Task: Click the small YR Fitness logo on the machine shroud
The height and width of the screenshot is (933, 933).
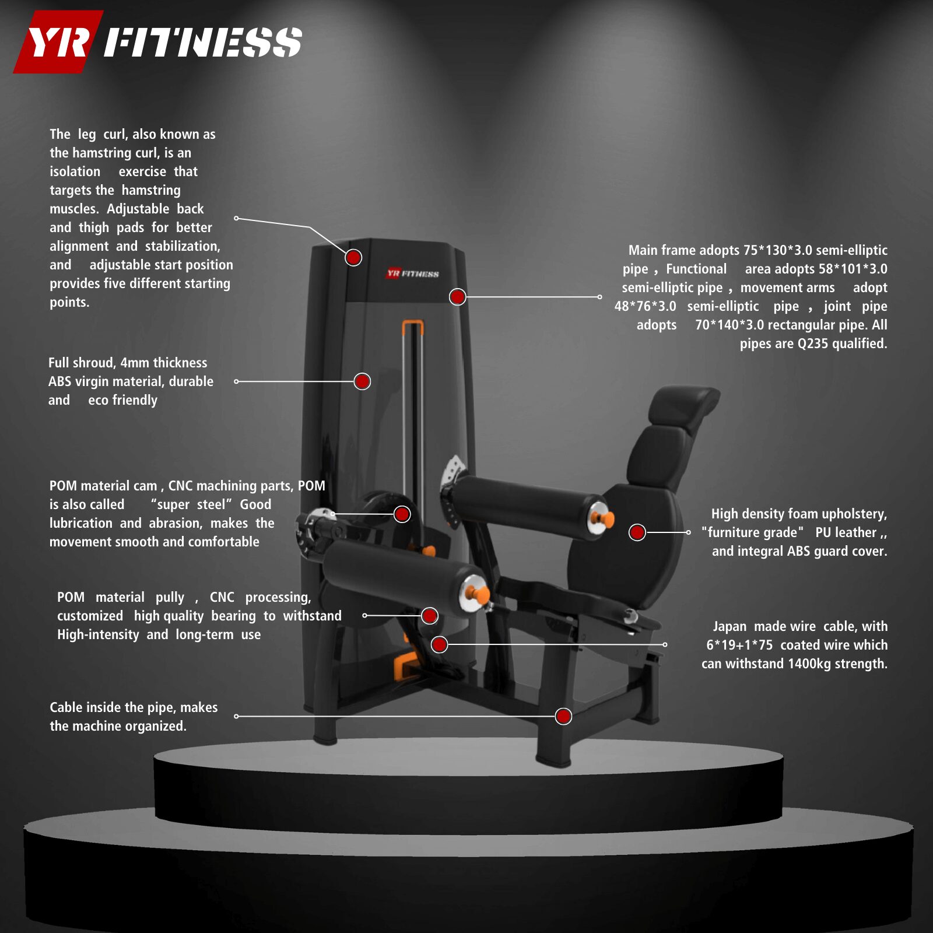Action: (413, 273)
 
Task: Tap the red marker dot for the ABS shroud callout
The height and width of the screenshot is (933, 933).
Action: (362, 381)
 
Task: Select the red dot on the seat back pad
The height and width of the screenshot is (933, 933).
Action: (637, 532)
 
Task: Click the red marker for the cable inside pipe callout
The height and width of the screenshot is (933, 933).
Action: (563, 716)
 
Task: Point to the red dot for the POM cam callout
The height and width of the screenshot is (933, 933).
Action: (402, 514)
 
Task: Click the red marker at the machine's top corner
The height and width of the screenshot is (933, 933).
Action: (353, 257)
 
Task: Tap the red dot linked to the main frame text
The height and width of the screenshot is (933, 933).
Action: (458, 297)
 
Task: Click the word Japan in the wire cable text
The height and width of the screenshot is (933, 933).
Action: (729, 626)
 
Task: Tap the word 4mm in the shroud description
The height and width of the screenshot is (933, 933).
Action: (135, 363)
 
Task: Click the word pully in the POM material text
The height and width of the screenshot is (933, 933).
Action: (169, 598)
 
